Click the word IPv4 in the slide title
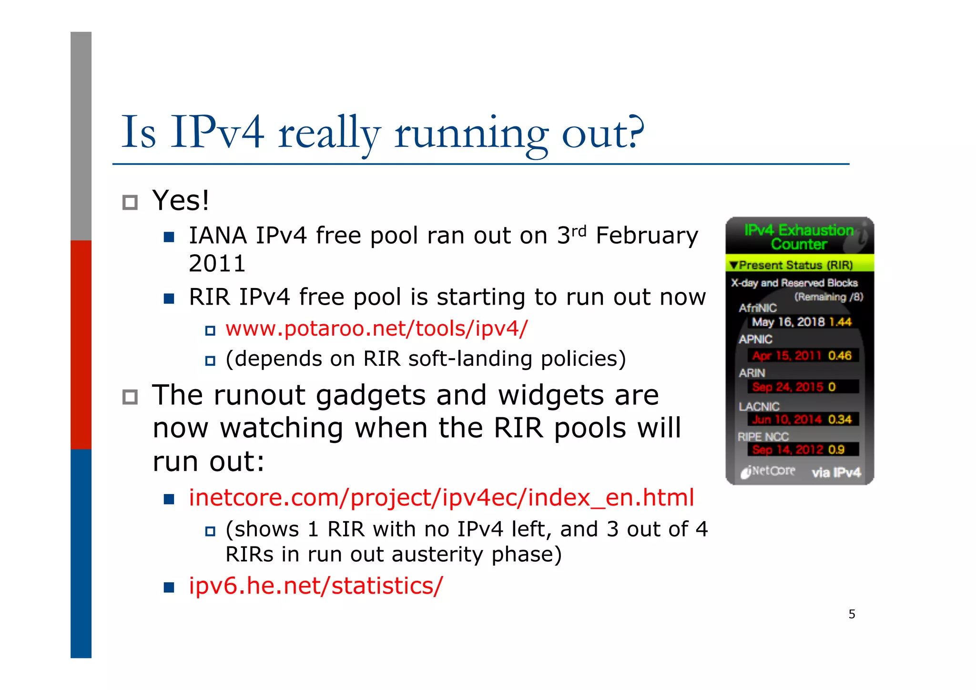(x=217, y=133)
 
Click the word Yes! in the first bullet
(x=181, y=200)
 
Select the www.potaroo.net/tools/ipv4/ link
(x=376, y=329)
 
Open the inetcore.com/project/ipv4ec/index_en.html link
(x=441, y=497)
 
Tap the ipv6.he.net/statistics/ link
(x=315, y=586)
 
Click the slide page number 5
(x=852, y=614)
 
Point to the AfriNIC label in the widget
(x=758, y=308)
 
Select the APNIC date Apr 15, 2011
(x=787, y=356)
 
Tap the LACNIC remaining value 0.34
(x=840, y=420)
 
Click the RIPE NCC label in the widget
(x=763, y=437)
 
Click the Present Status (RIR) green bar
(x=799, y=265)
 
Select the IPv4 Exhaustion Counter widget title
(x=799, y=237)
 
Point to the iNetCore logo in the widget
(x=768, y=472)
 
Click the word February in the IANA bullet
(x=647, y=236)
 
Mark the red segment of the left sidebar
(x=81, y=344)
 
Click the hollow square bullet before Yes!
(x=130, y=202)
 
